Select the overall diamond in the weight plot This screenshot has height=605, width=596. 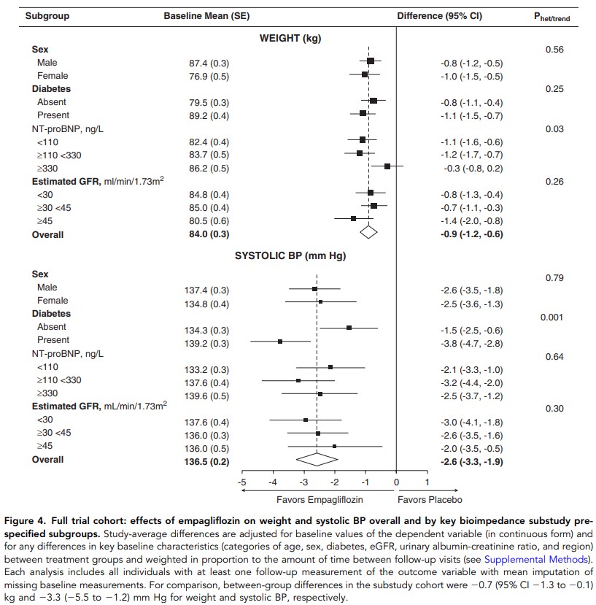pyautogui.click(x=368, y=231)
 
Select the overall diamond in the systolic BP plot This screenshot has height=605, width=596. pyautogui.click(x=317, y=458)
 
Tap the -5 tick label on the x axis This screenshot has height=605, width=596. pyautogui.click(x=242, y=483)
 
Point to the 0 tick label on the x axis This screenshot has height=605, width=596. pyautogui.click(x=396, y=483)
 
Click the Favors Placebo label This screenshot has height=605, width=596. pyautogui.click(x=429, y=500)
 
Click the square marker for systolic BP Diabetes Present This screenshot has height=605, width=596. pyautogui.click(x=280, y=342)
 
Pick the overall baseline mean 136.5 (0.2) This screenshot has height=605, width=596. pyautogui.click(x=209, y=462)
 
